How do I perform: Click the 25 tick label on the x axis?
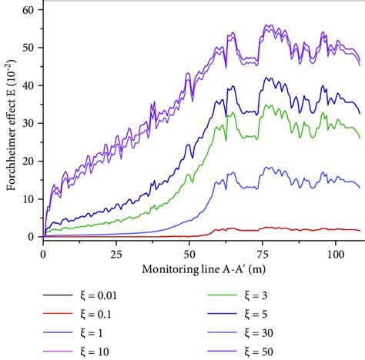point(116,253)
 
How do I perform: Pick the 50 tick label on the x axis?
point(189,253)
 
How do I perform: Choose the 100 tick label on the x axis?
point(336,253)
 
